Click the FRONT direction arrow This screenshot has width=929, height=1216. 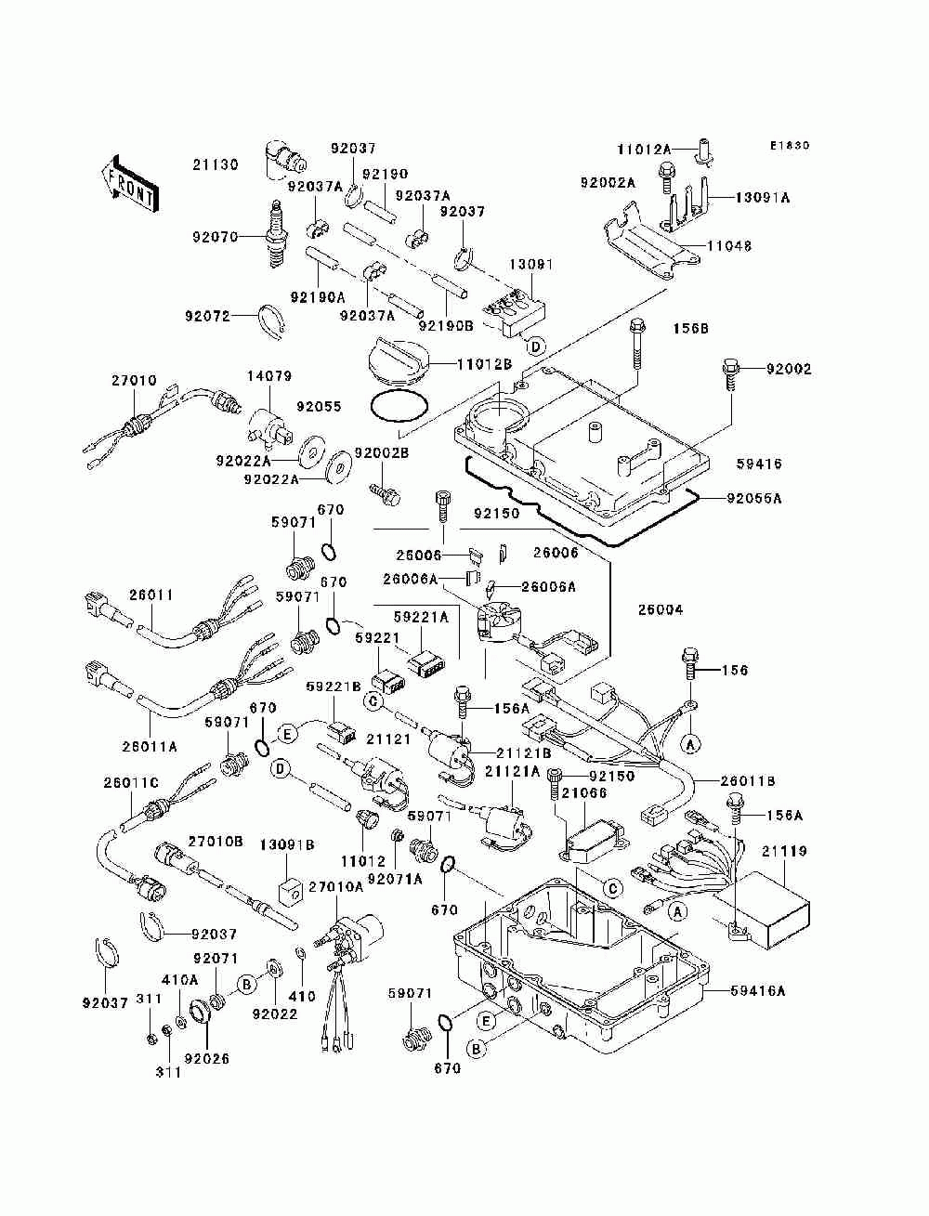point(131,184)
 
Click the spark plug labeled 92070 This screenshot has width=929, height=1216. point(278,234)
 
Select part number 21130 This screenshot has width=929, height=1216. point(216,164)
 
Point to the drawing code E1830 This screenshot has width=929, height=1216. point(790,146)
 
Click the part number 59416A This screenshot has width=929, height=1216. point(757,990)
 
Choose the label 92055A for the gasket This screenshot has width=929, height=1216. point(754,499)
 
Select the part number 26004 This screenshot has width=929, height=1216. point(661,610)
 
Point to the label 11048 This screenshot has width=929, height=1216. point(729,245)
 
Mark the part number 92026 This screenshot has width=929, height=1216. point(206,1059)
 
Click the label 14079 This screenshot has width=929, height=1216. point(269,376)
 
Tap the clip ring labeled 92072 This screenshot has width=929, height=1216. point(272,320)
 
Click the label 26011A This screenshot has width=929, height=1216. point(150,747)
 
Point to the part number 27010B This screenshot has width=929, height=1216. point(215,841)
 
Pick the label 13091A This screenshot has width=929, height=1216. point(763,198)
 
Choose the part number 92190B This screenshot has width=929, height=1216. point(446,326)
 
